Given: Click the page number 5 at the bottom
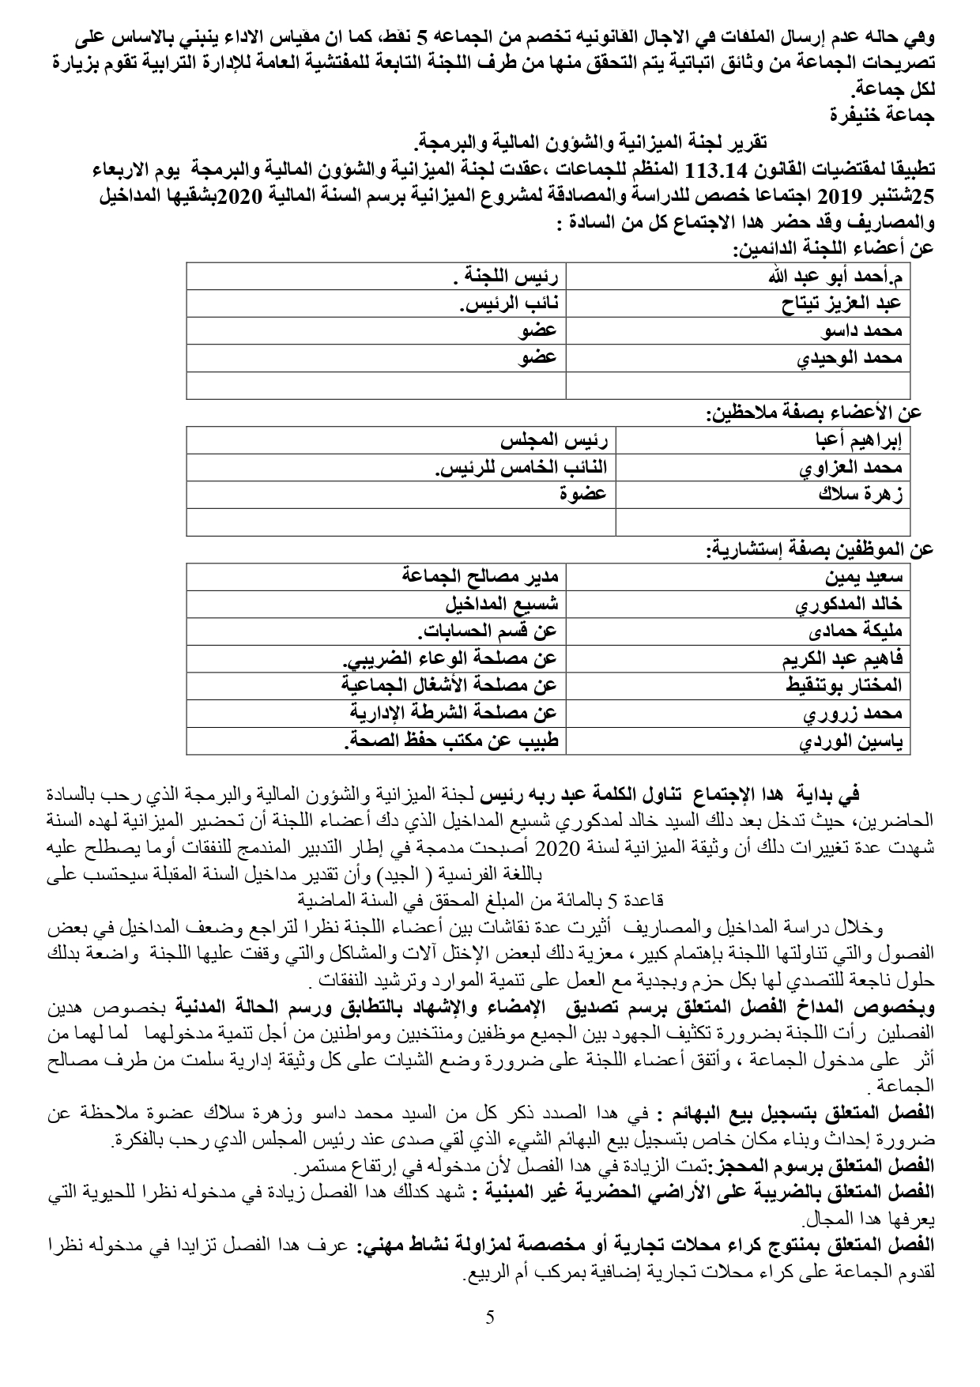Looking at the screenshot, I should click(x=490, y=1317).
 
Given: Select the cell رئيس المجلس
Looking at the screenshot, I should click(x=554, y=440).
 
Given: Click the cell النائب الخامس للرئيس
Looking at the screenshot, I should click(x=521, y=467).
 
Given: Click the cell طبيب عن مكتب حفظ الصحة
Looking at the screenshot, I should click(x=450, y=741).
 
